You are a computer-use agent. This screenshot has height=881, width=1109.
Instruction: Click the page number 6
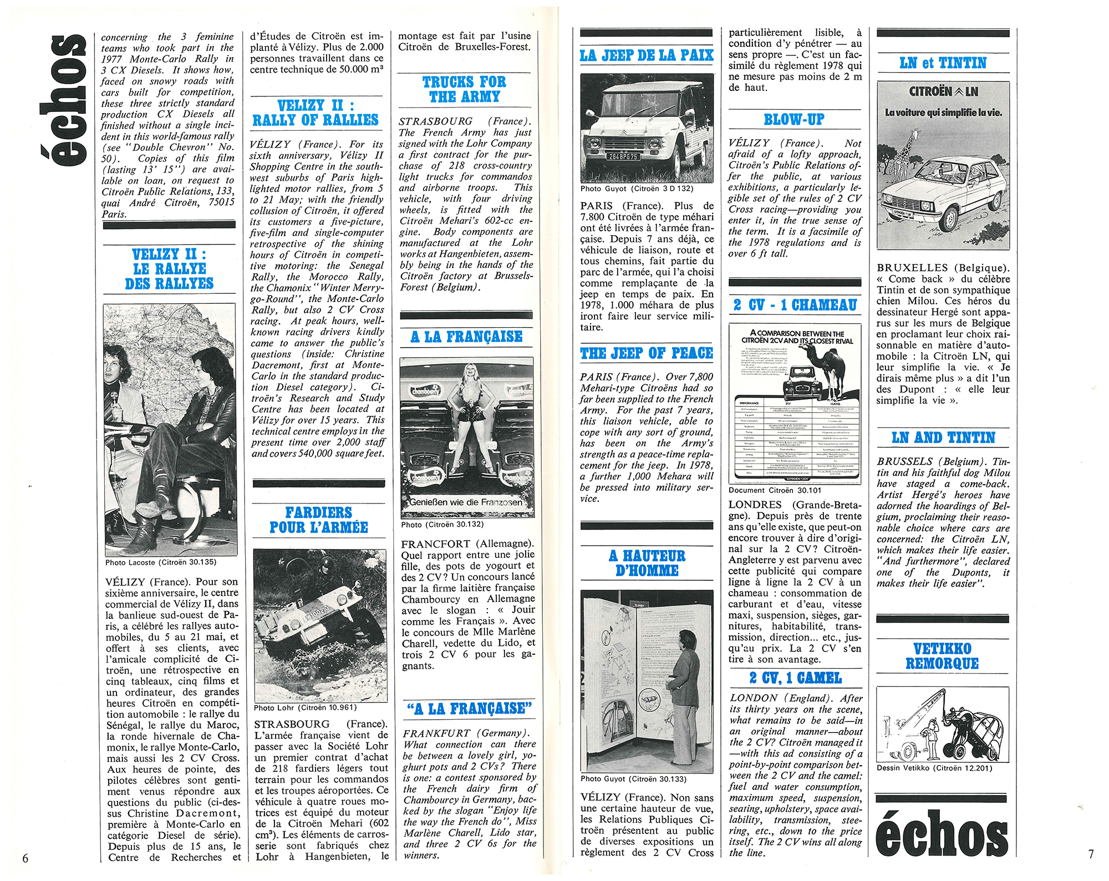tap(25, 858)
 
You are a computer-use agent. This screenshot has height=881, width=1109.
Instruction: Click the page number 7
tap(1091, 854)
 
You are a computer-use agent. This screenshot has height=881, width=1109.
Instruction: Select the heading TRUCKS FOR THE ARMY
tap(464, 89)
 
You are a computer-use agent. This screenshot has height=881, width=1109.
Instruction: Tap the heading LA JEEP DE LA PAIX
tap(647, 55)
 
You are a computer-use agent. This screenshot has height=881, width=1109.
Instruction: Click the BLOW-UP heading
tap(794, 120)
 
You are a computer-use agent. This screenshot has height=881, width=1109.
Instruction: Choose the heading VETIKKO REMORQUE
tap(942, 656)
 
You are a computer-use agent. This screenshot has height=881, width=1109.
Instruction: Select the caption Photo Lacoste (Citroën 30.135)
tap(161, 562)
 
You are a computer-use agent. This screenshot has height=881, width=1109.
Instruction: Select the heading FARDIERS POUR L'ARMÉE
tap(319, 520)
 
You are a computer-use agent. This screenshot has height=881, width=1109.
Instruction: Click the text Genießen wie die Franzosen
tap(466, 502)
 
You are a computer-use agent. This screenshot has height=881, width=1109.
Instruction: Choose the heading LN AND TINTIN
tap(943, 438)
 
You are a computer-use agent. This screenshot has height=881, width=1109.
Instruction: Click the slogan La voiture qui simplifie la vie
tap(943, 113)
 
